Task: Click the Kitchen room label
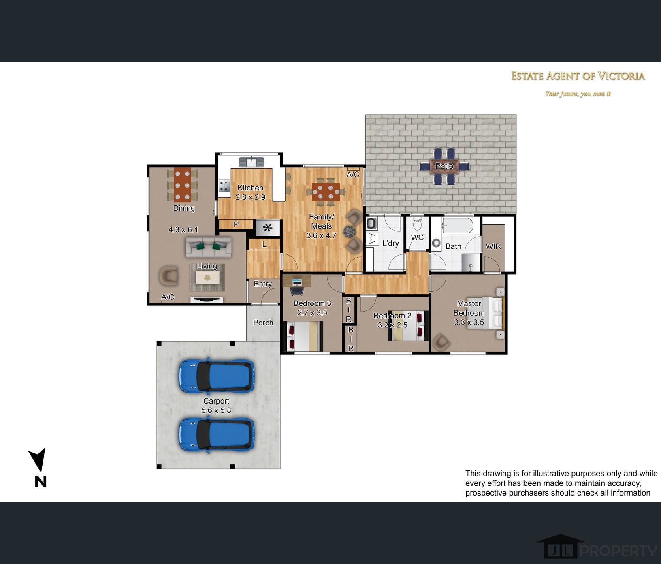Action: tap(250, 188)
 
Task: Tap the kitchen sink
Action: tap(252, 162)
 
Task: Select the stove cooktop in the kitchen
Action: tap(224, 186)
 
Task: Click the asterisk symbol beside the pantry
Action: tap(267, 228)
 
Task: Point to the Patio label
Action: tap(444, 166)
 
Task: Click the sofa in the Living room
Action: tap(209, 247)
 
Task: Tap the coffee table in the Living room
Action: tap(207, 278)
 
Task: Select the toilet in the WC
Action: tap(417, 223)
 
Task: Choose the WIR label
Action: tap(493, 246)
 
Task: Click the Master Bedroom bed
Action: tap(485, 313)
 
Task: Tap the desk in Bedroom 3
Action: tap(297, 281)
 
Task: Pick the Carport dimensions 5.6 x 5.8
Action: tap(216, 410)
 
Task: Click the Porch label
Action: tap(263, 323)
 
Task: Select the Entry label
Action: tap(263, 284)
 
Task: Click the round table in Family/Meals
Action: tap(349, 231)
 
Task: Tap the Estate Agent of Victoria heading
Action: tap(578, 76)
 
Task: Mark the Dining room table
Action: tap(183, 185)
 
